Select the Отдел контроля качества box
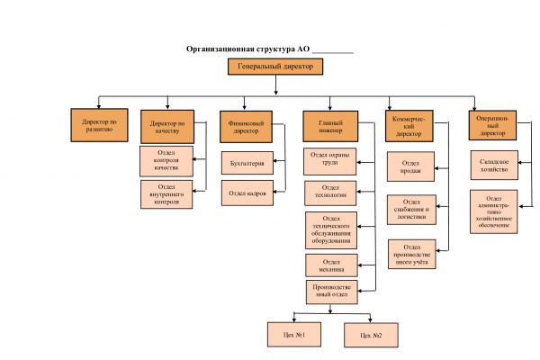click(x=166, y=160)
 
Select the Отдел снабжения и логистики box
click(x=413, y=209)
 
